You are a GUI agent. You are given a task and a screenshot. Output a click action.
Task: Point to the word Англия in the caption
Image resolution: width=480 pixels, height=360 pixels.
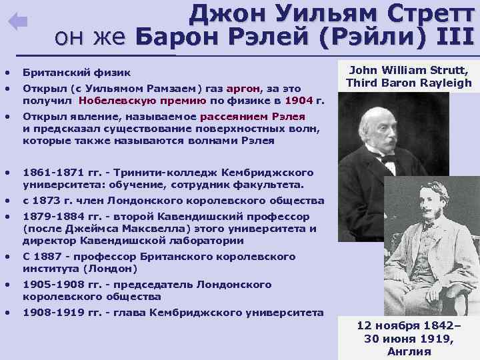point(409,352)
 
